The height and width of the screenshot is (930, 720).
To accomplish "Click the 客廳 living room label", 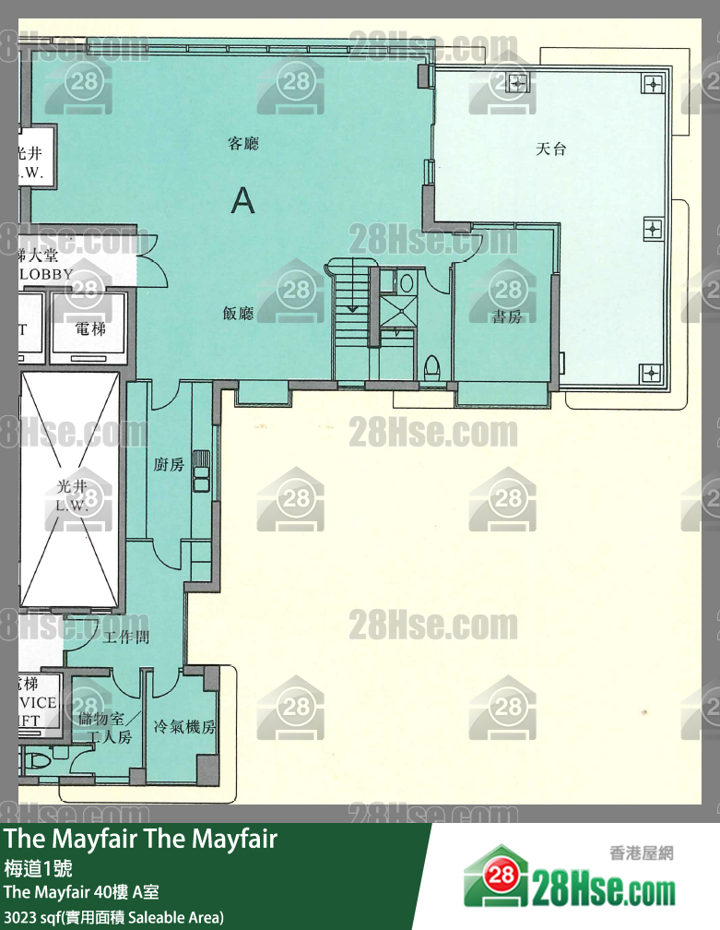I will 243,143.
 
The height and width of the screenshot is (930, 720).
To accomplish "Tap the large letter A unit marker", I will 242,199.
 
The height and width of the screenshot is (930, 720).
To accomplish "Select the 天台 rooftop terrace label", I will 550,149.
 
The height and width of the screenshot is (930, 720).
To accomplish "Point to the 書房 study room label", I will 507,316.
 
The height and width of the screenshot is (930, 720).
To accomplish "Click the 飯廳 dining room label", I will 238,313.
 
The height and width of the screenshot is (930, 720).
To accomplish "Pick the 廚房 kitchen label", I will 169,464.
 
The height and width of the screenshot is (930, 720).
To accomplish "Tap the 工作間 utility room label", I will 126,637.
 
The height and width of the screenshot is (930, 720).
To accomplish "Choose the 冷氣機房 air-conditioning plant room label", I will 184,727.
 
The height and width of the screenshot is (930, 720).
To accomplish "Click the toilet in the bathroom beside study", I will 431,367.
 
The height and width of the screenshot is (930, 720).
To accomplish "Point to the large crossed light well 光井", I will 70,491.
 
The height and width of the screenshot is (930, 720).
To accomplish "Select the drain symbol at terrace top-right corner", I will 653,84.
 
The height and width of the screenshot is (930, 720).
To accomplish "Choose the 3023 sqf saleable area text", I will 113,917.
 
